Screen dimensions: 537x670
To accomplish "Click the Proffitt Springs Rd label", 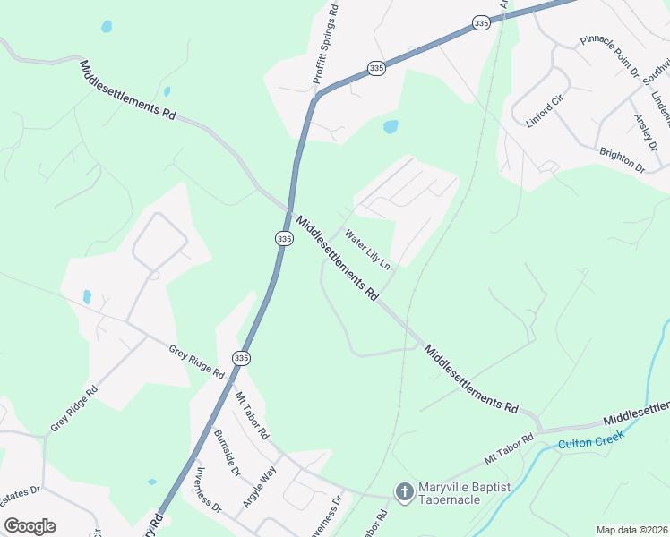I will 325,46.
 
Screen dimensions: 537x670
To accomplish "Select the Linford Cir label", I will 543,110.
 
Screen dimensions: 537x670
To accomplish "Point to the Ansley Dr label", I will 646,132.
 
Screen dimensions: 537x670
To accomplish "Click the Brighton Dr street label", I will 622,160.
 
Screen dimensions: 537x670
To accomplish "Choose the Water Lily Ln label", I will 368,251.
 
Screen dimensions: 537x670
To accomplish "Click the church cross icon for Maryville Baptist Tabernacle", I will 404,491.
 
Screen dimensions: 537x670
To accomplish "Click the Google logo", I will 30,525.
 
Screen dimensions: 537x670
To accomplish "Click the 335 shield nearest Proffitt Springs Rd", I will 377,68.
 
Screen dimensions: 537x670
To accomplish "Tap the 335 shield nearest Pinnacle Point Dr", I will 482,24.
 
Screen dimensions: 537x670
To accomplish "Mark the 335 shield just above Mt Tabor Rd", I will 240,358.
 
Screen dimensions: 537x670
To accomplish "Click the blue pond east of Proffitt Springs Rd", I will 391,127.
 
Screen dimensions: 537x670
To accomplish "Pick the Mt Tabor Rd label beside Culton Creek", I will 509,447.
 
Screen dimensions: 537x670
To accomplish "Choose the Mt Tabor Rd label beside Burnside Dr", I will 252,413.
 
